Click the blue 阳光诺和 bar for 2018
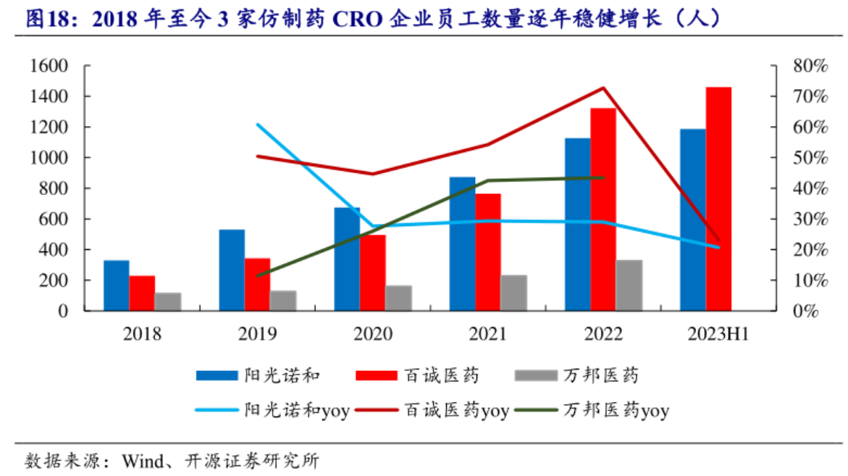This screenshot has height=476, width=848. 116,285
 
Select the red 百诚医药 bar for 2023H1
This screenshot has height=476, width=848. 718,199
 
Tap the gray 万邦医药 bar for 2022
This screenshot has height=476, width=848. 629,285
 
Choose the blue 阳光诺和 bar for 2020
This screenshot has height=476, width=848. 347,259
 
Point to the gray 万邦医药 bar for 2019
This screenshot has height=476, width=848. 283,301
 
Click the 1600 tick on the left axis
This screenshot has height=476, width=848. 50,66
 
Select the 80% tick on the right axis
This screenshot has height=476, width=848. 810,66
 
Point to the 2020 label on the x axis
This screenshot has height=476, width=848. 373,334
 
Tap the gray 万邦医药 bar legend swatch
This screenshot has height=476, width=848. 535,375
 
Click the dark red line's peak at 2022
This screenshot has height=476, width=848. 603,88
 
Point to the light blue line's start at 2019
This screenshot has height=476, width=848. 258,125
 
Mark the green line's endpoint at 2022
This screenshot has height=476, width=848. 603,178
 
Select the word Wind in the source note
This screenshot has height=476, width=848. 140,461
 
